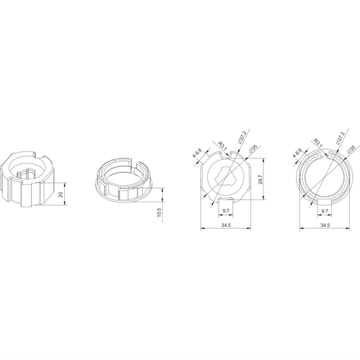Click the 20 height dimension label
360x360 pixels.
[x=61, y=194]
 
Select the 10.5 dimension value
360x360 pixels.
[x=160, y=212]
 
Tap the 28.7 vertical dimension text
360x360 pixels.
[x=261, y=179]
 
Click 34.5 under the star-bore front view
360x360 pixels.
[x=226, y=225]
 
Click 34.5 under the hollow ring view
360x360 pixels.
[x=325, y=225]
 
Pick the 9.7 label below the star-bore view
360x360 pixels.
[x=226, y=211]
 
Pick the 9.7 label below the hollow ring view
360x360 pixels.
[x=325, y=211]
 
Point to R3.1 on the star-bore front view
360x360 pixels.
[x=222, y=145]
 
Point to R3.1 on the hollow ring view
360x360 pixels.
[x=319, y=143]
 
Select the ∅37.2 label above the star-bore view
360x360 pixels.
[x=242, y=138]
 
